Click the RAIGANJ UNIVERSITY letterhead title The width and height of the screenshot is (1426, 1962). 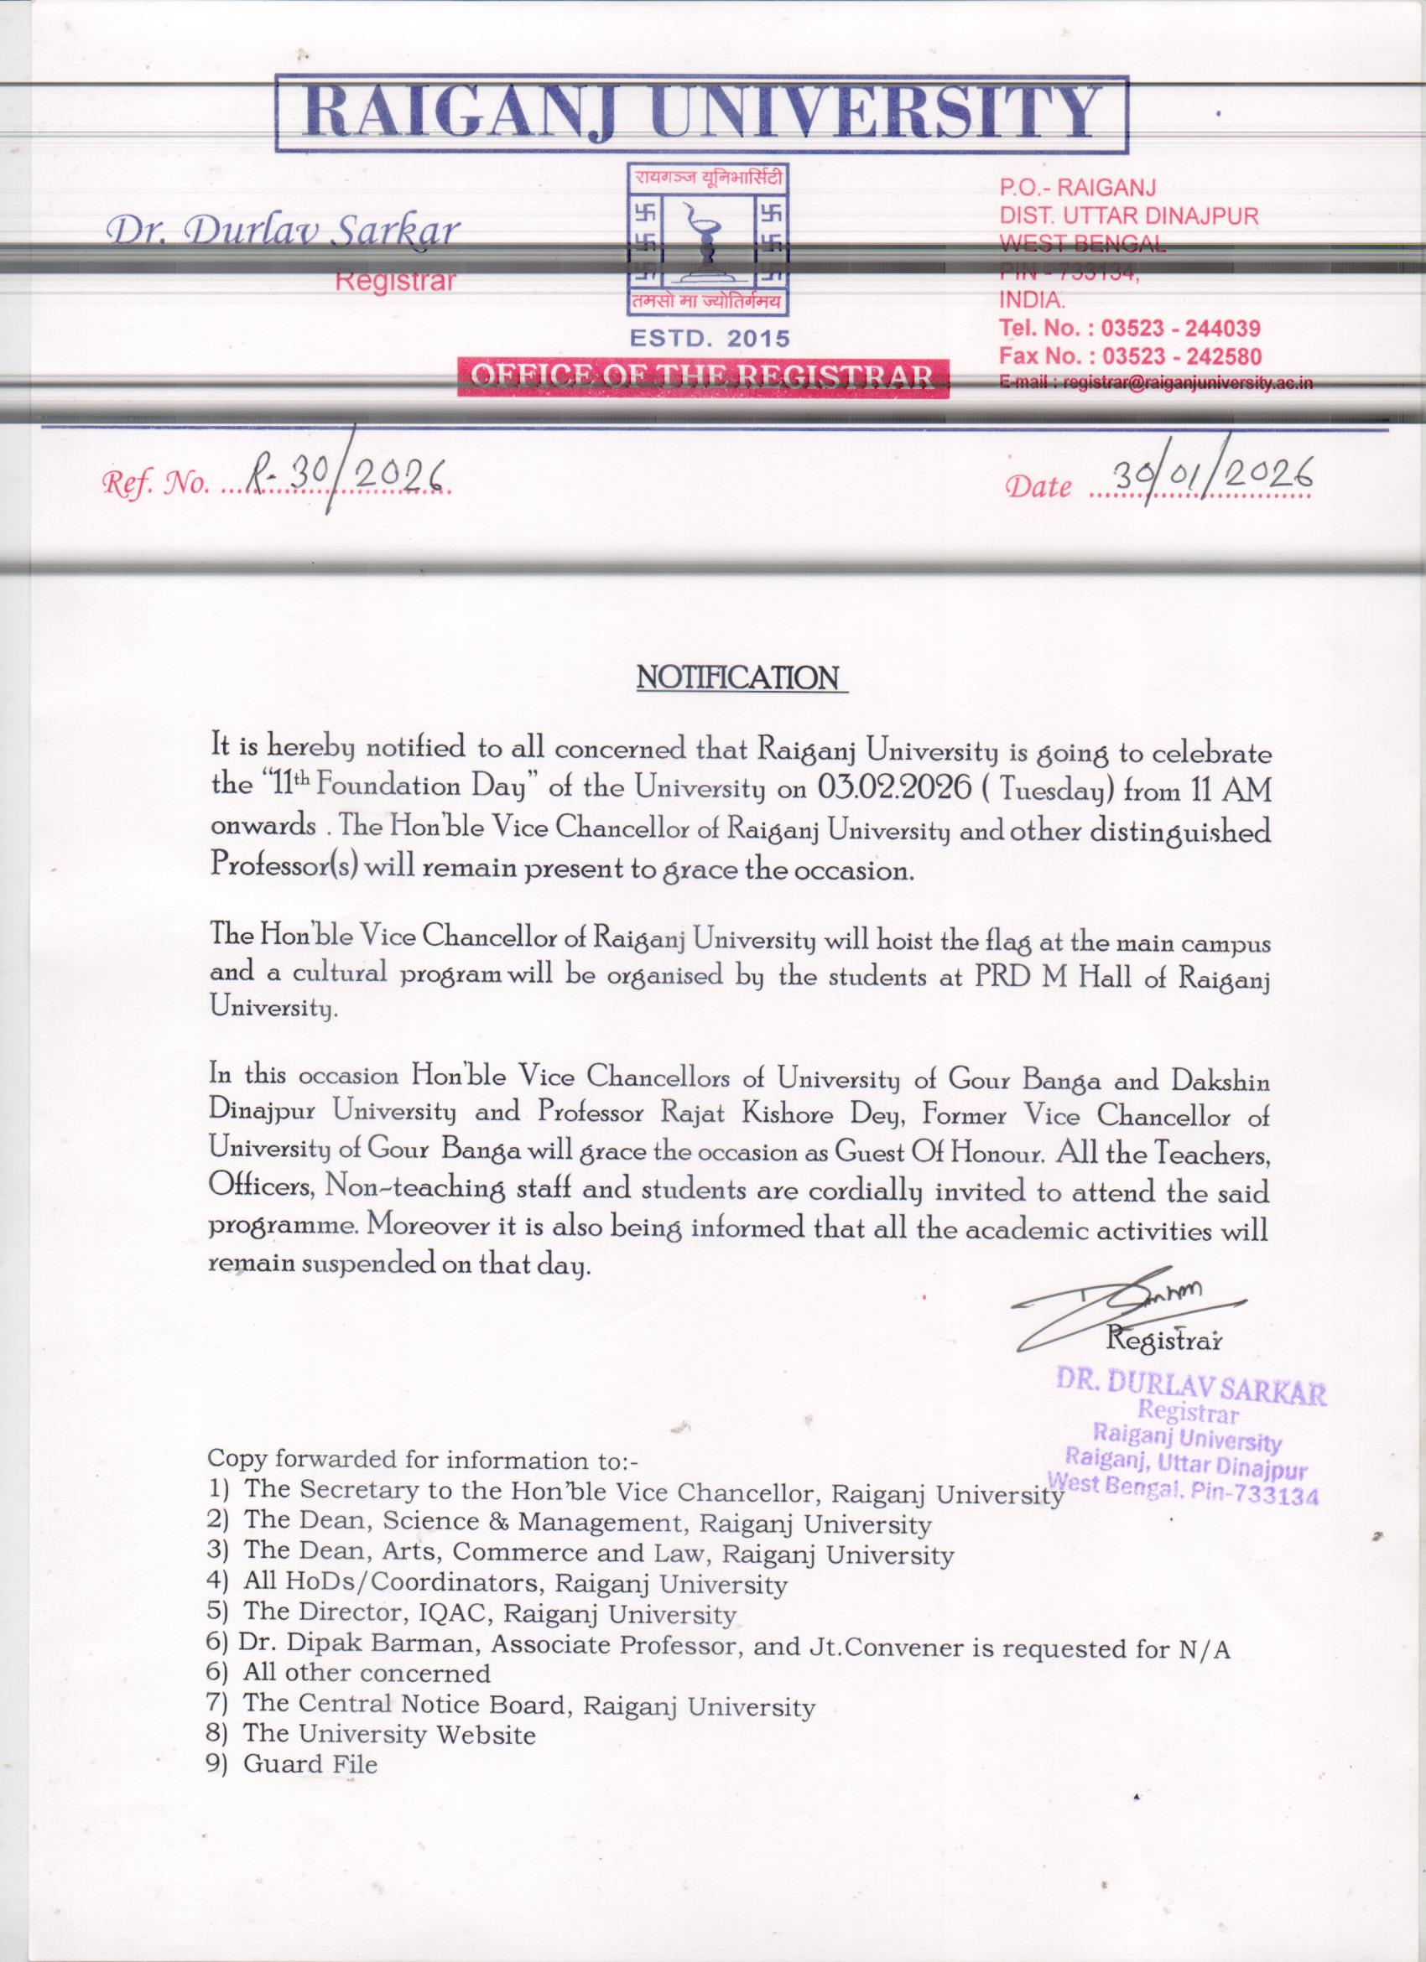pyautogui.click(x=702, y=113)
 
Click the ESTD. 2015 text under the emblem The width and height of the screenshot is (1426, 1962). pyautogui.click(x=710, y=339)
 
